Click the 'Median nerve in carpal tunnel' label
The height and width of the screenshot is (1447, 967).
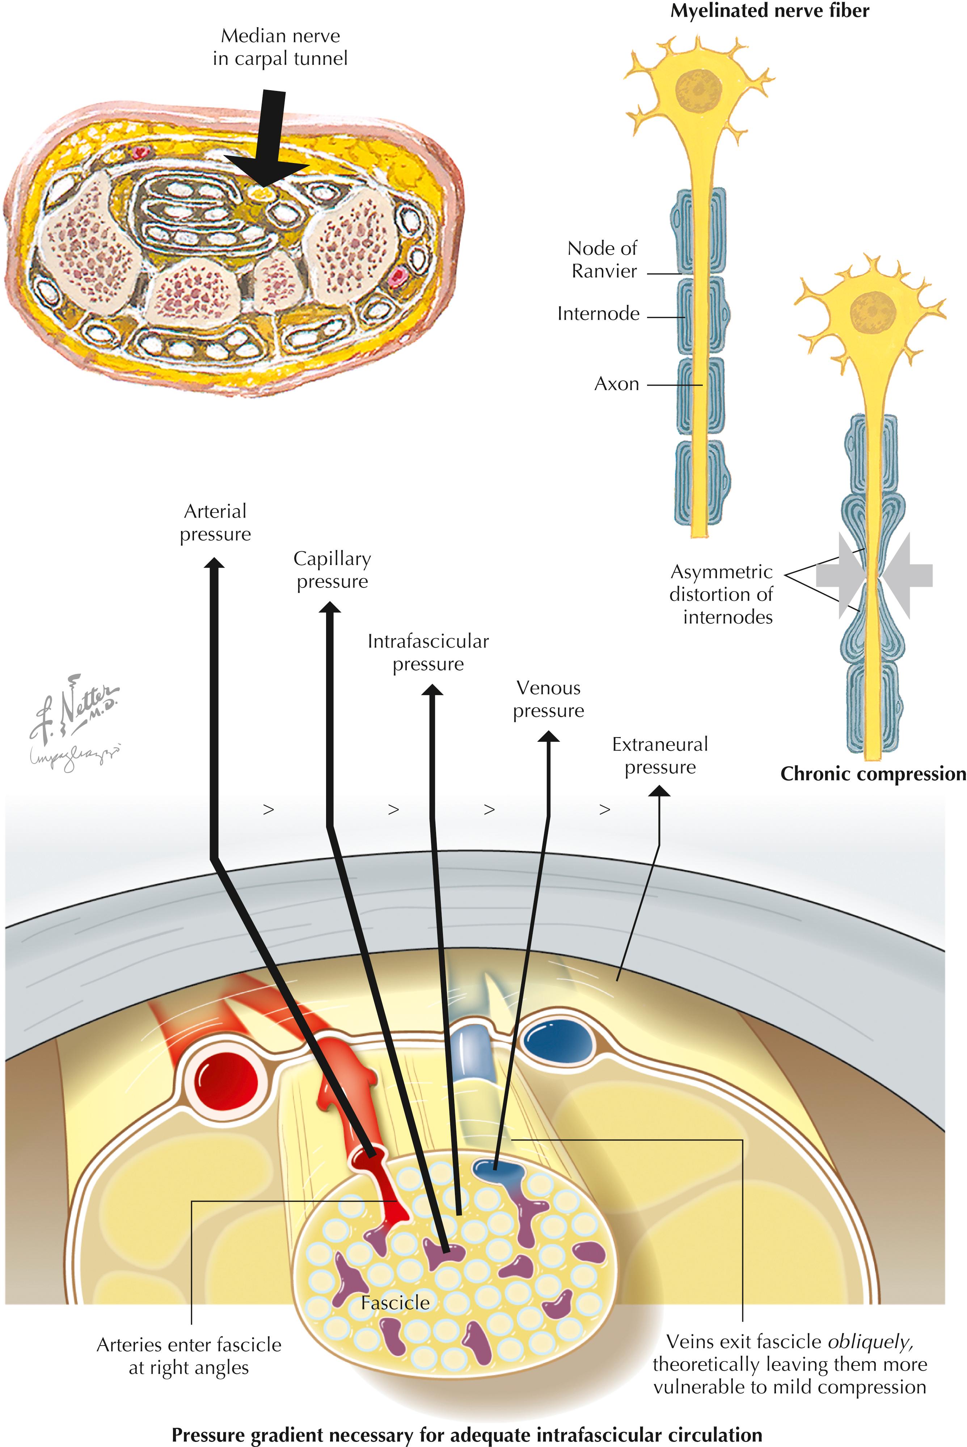tap(280, 47)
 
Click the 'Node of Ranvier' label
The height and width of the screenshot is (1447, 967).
tap(603, 260)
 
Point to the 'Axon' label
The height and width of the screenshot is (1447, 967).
tap(616, 384)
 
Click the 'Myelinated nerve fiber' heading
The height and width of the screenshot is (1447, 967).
tap(770, 11)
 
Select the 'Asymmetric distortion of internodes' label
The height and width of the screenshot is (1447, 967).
tap(722, 594)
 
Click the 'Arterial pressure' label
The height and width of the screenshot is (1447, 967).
tap(215, 523)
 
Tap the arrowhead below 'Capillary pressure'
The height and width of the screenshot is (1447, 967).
tap(330, 608)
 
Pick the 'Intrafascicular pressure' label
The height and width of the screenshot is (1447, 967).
tap(428, 652)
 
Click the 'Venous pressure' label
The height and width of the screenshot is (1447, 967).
tap(548, 699)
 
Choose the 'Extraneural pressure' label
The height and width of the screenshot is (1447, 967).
tap(660, 756)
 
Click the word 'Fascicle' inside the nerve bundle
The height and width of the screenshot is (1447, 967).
tap(395, 1302)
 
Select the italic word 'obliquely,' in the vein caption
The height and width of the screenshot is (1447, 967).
tap(870, 1342)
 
